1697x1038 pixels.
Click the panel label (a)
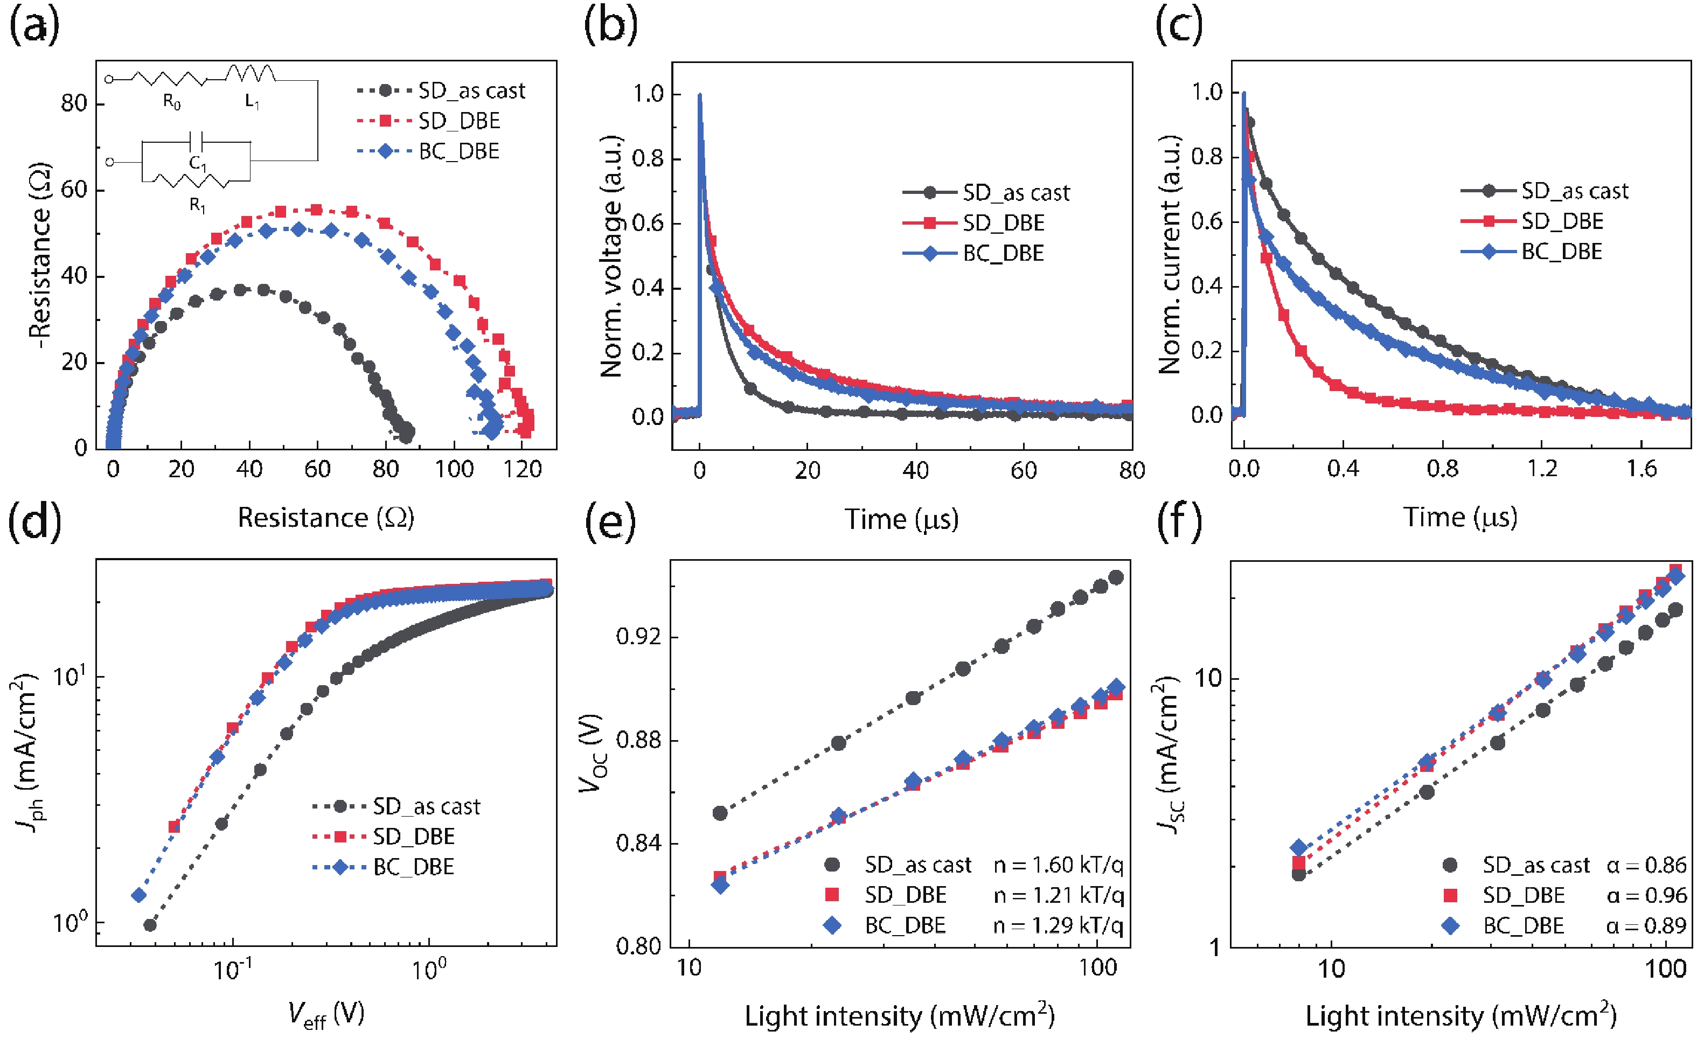pos(34,27)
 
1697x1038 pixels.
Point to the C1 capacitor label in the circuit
pos(198,163)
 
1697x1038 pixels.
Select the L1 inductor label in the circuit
pos(252,102)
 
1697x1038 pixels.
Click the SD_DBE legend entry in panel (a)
pos(458,121)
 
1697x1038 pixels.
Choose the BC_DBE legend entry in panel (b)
pos(1003,254)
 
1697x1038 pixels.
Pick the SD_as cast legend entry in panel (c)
pos(1574,191)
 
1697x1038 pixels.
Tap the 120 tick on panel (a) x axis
pos(522,470)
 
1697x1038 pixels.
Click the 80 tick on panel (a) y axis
pos(74,104)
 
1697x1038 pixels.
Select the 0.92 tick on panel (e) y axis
pos(638,637)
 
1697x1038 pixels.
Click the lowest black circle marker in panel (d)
pos(149,925)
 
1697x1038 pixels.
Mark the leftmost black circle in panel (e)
pos(720,813)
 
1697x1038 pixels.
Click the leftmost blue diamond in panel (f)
pos(1299,848)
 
